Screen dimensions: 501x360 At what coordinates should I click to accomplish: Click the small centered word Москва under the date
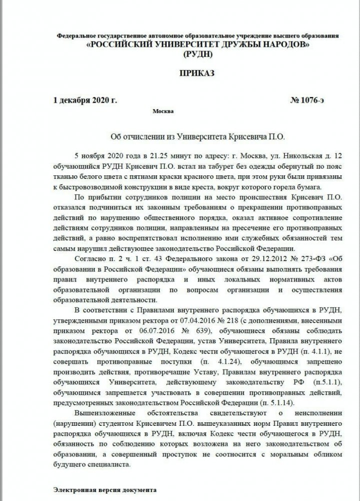165,111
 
